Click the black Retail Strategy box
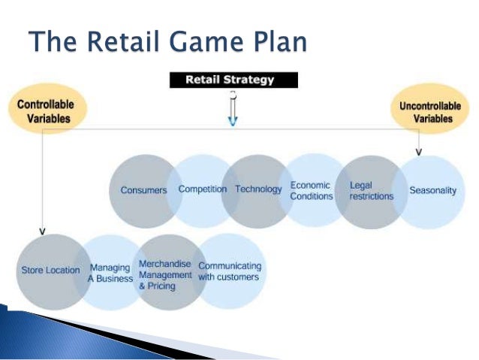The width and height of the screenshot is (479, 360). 233,79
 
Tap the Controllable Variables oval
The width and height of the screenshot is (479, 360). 46,110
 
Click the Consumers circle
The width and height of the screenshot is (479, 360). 143,190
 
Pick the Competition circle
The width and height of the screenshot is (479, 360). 202,189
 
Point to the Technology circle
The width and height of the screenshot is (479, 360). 258,189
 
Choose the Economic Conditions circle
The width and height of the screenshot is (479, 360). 312,191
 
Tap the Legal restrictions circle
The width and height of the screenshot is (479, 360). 371,191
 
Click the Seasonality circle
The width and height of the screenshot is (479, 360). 432,191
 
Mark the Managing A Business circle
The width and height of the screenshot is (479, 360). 110,272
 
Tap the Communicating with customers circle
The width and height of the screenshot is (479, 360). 229,271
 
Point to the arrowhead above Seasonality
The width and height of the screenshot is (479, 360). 418,152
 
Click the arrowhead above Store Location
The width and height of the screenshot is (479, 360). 43,229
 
